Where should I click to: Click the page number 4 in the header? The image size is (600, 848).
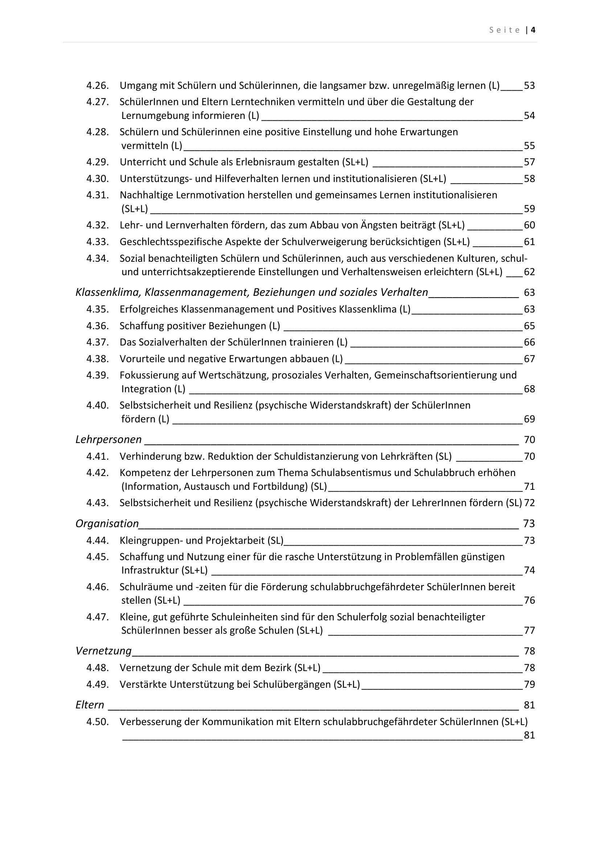533,30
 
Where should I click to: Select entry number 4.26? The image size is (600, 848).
98,86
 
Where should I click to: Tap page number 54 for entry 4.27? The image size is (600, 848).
529,116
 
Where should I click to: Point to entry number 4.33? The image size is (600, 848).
98,242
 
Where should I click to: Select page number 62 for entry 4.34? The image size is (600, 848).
529,272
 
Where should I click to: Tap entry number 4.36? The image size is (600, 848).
98,326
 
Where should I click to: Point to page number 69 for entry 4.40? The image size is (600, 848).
529,419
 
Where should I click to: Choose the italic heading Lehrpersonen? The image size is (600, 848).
108,439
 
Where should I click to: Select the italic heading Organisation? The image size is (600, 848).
107,524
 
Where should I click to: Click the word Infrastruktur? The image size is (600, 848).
149,570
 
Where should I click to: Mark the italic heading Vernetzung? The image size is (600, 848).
103,651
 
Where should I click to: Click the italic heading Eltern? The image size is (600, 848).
90,705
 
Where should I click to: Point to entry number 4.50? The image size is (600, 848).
98,722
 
